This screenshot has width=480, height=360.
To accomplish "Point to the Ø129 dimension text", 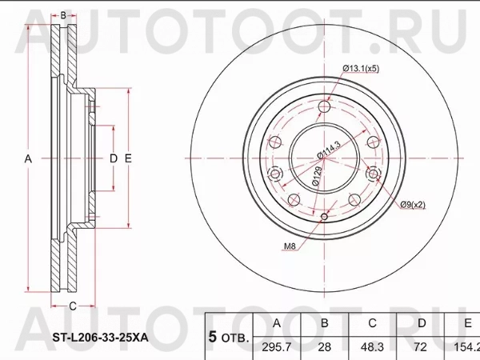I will point(317,176).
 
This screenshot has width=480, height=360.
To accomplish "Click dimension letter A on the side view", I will point(28,159).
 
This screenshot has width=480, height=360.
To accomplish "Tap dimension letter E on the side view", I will point(127,159).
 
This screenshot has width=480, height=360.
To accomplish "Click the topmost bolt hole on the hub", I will point(323,108).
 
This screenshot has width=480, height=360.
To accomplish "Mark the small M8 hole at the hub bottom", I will point(323,218).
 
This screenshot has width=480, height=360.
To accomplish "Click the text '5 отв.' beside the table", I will point(228,337).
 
